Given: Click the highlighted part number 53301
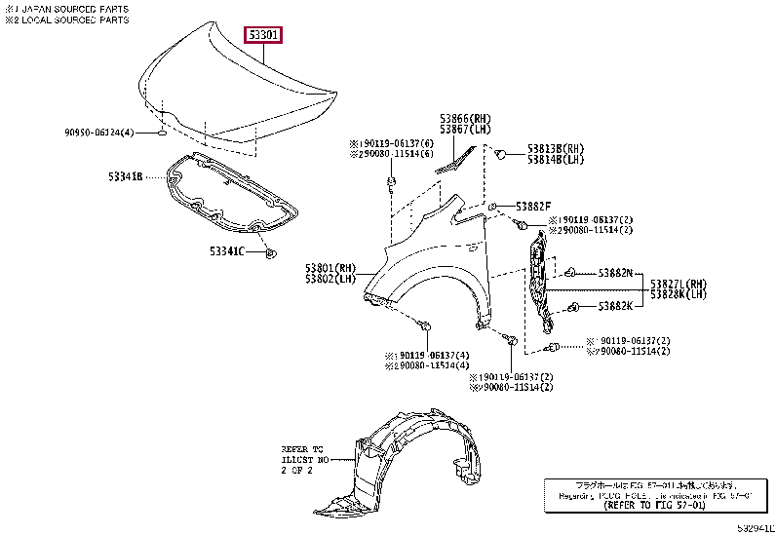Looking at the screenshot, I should (263, 36).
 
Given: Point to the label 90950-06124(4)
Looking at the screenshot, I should (99, 132).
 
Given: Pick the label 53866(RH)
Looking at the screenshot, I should (464, 118).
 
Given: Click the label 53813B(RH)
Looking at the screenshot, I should (556, 148).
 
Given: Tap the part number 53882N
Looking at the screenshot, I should (614, 272).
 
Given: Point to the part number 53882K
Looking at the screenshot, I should (614, 306).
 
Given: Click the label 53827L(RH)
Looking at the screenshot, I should (679, 284).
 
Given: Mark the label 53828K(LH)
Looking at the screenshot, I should (679, 294).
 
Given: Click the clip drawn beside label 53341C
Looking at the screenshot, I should (270, 253).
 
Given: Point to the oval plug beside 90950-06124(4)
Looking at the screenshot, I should (161, 132).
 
